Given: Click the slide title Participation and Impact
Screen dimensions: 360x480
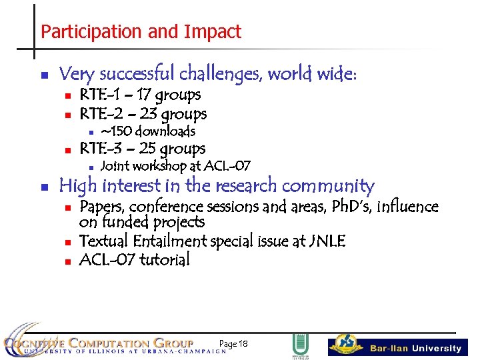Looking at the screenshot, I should pyautogui.click(x=141, y=31).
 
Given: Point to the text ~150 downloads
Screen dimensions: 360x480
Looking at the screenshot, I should pyautogui.click(x=147, y=131).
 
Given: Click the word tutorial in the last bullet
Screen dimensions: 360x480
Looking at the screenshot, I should pyautogui.click(x=164, y=259).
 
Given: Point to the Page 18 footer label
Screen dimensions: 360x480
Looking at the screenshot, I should pyautogui.click(x=233, y=343).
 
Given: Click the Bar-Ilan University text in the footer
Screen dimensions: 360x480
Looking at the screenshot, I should pyautogui.click(x=415, y=348).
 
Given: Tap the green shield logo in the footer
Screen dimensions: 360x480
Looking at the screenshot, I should pyautogui.click(x=300, y=345).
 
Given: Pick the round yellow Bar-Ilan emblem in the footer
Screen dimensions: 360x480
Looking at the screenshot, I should pyautogui.click(x=347, y=343).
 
